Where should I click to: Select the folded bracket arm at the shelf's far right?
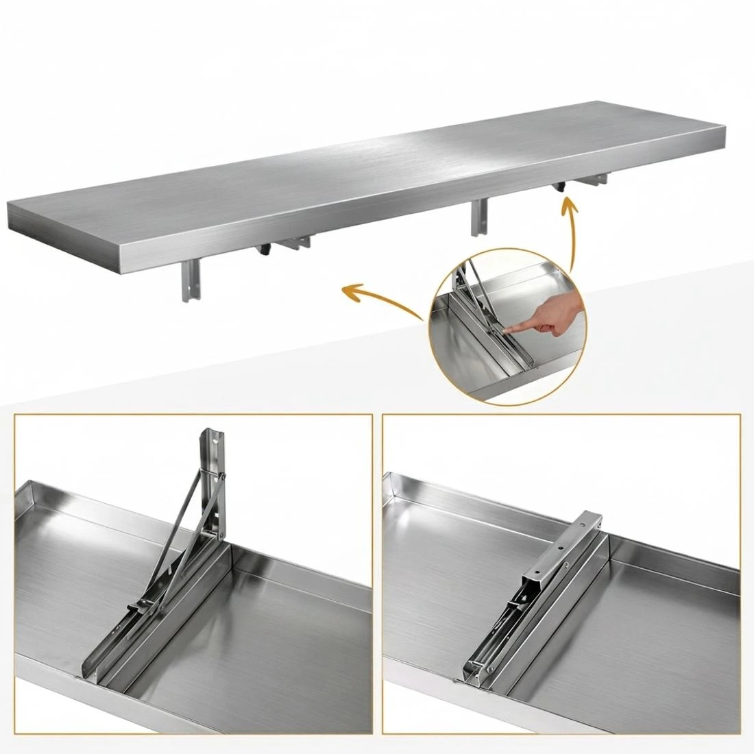point(594,182)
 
